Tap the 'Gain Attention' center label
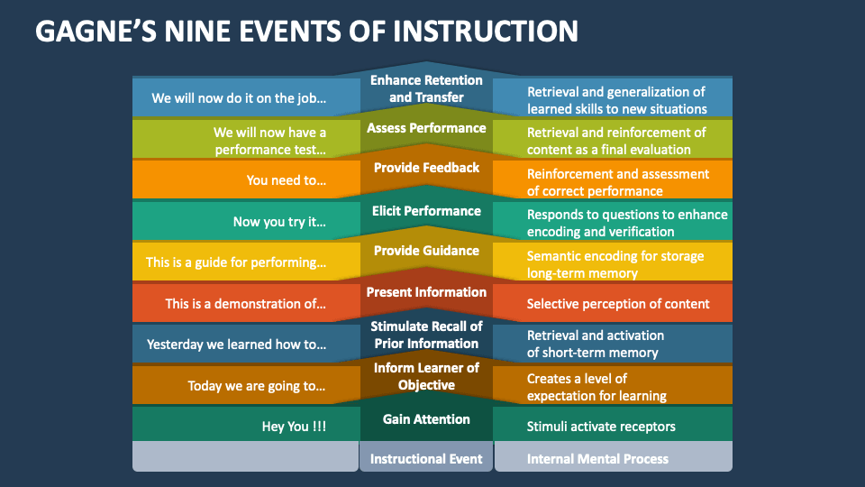(x=426, y=419)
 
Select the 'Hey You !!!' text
(x=294, y=427)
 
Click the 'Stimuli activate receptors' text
(x=601, y=427)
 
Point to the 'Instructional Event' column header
(x=426, y=459)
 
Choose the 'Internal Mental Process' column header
(x=597, y=459)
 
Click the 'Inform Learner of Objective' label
(x=426, y=376)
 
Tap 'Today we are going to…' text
(x=257, y=386)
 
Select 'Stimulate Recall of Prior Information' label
(x=426, y=335)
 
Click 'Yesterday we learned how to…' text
(x=236, y=345)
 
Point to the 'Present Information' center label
(x=426, y=292)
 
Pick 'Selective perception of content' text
(x=618, y=304)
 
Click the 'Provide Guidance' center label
(x=426, y=251)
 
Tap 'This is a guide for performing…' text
(x=236, y=262)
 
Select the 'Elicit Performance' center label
(x=426, y=211)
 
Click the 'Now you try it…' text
(x=279, y=222)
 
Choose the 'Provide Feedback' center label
(x=426, y=168)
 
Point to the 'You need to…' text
(x=287, y=180)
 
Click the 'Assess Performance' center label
(x=426, y=128)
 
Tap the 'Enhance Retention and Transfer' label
(x=426, y=88)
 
